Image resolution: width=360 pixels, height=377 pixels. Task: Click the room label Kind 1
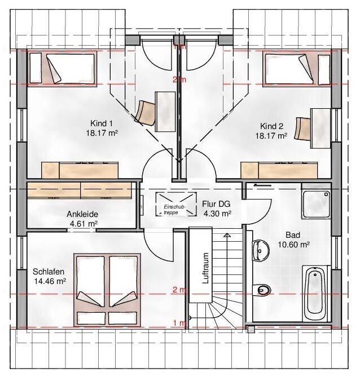[102, 123]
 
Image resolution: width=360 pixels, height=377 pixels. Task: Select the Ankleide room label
[82, 214]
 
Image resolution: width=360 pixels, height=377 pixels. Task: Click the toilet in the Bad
[262, 290]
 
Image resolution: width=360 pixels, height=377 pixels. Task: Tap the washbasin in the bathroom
[260, 250]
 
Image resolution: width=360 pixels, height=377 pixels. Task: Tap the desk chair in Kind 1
[145, 110]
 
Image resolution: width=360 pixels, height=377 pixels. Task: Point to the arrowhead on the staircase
[227, 235]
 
